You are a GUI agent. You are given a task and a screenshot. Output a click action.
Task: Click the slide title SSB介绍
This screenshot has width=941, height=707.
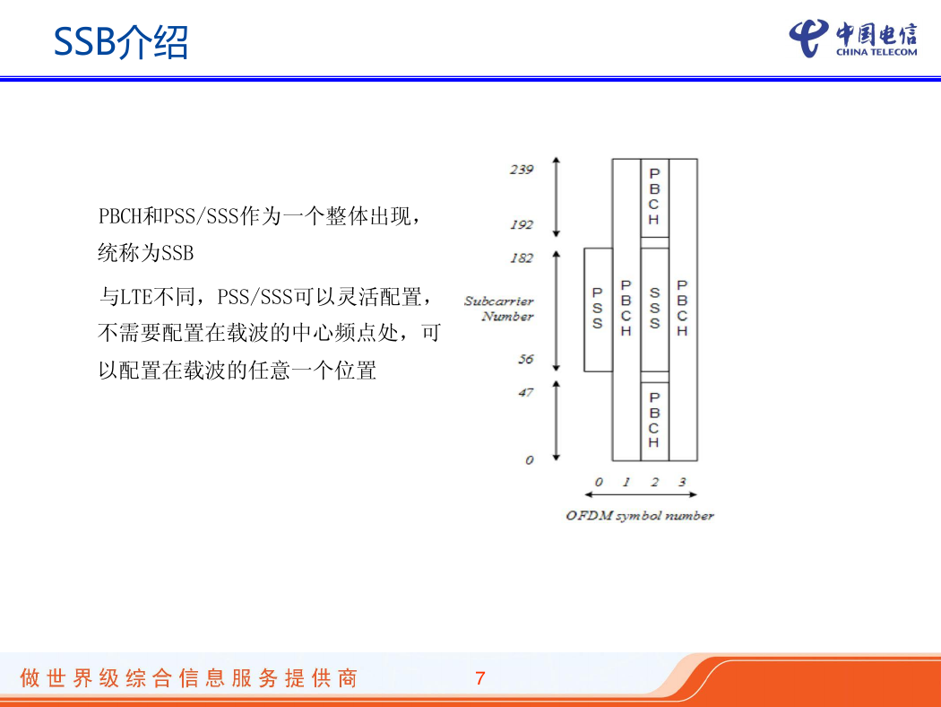[x=121, y=42]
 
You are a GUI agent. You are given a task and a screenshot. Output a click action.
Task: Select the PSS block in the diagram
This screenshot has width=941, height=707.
[x=598, y=310]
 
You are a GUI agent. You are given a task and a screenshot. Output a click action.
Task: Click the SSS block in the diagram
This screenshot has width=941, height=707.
[x=655, y=310]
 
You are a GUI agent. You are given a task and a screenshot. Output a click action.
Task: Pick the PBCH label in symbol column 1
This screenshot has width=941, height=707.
[x=626, y=308]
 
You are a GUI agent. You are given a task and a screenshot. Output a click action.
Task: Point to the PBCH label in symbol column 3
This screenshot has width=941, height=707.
[x=682, y=308]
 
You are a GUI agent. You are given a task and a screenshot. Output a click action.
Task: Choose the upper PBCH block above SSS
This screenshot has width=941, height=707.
[x=655, y=197]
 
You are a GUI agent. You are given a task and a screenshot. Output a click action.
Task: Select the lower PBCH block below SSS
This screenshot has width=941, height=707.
[x=655, y=421]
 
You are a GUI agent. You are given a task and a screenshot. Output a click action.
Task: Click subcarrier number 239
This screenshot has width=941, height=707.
[x=522, y=170]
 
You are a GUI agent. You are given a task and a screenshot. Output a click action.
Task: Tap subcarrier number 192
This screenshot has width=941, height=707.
[x=522, y=224]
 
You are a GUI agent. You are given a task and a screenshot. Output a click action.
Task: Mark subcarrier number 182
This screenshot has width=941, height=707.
[x=522, y=258]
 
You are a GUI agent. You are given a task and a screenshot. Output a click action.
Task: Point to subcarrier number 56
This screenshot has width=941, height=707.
[x=526, y=359]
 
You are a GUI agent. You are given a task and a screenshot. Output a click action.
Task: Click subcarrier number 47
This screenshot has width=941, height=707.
[x=526, y=393]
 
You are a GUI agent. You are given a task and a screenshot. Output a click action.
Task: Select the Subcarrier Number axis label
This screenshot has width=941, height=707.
[x=498, y=309]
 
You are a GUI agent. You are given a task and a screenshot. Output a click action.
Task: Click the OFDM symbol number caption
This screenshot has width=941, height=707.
[x=640, y=515]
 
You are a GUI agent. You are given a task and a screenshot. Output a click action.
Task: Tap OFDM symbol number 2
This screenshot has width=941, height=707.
[x=655, y=482]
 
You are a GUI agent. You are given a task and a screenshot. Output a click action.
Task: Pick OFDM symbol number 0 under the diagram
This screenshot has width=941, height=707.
[x=599, y=482]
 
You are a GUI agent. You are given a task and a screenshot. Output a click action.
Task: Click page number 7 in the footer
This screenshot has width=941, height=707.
[x=480, y=678]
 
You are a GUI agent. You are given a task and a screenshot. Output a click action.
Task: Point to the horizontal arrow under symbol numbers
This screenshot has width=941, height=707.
[x=641, y=494]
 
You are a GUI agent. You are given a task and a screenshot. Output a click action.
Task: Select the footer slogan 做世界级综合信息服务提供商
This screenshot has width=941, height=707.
[x=189, y=678]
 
